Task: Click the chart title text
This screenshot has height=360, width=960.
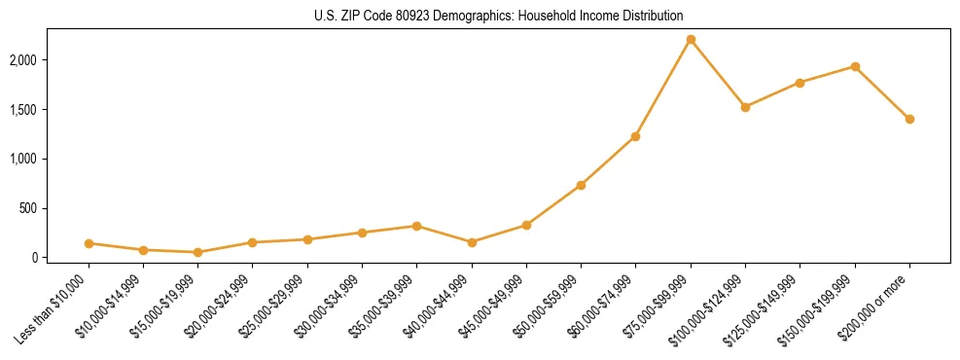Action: tap(498, 16)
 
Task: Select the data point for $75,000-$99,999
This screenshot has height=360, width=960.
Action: tap(691, 39)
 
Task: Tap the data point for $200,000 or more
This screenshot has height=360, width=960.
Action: tap(909, 119)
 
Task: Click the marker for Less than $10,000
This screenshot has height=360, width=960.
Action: tap(89, 243)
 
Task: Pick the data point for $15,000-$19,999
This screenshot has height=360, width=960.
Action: tap(197, 252)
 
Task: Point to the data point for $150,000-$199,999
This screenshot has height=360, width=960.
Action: tap(855, 66)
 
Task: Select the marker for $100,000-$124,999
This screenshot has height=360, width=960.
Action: tap(745, 107)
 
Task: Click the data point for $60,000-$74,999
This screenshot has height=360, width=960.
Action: tap(635, 136)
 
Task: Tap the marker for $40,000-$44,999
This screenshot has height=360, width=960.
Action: tap(472, 242)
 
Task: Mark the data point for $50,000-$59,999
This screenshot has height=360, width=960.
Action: tap(581, 185)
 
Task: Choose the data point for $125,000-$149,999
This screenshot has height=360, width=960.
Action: tap(800, 83)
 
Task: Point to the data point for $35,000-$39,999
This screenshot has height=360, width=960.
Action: tap(416, 226)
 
